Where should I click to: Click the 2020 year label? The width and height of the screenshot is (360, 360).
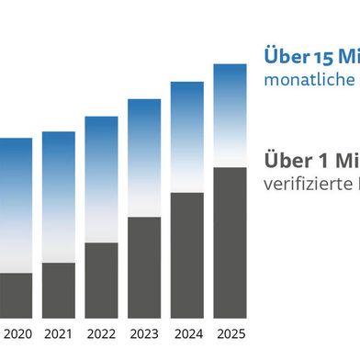coord(16,333)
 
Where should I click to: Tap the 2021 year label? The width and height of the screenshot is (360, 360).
coord(59,333)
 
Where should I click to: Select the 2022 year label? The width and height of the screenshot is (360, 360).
coord(101,333)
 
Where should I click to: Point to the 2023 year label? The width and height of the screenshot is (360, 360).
coord(144,333)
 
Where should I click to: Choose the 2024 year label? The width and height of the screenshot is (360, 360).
coord(187,333)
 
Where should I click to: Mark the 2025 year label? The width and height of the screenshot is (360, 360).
coord(230,333)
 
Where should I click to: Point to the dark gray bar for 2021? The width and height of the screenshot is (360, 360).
coord(59,289)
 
